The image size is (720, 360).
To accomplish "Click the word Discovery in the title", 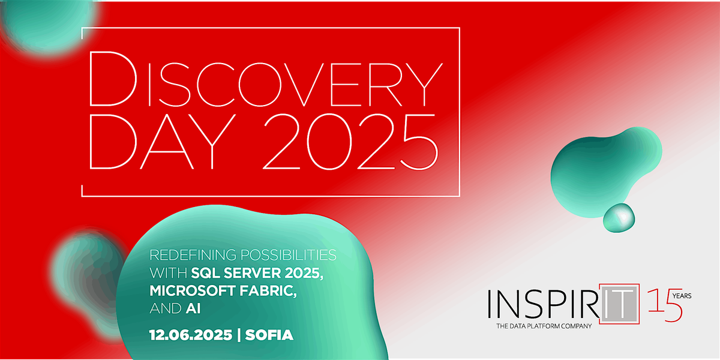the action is (x=266, y=79).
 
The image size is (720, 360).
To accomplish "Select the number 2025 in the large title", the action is (x=350, y=142).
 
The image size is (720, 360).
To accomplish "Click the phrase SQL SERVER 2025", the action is (x=257, y=273).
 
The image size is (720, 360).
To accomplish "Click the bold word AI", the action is (x=193, y=308).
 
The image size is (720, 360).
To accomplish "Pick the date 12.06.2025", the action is (x=191, y=335).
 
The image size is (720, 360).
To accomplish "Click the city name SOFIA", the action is (x=269, y=335).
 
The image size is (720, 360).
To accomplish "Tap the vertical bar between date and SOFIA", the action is (x=239, y=335).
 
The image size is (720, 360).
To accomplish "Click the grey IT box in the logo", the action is (x=619, y=304).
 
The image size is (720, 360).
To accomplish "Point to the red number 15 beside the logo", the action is (x=665, y=305).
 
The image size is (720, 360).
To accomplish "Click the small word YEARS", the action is (x=682, y=296).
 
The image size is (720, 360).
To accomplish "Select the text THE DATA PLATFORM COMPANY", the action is (x=544, y=326).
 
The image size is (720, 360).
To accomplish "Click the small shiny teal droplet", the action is (x=619, y=218).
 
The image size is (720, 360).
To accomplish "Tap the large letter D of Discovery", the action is (x=113, y=79).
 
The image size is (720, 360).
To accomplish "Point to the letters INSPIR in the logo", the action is (x=543, y=304).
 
